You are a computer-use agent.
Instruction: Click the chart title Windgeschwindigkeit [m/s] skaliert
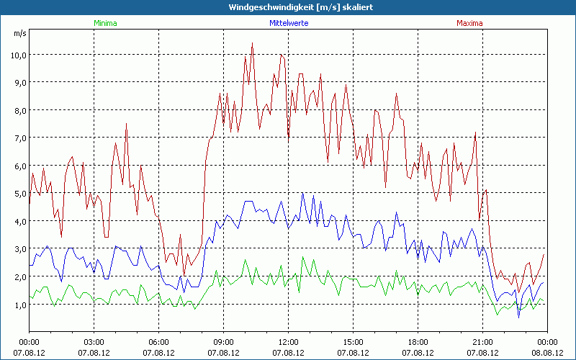(288, 7)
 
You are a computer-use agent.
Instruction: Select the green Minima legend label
(105, 23)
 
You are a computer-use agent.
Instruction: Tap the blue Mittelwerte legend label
(288, 23)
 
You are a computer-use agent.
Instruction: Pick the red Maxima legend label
(470, 23)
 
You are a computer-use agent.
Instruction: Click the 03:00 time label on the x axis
(94, 342)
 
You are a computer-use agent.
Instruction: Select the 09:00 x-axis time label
(224, 342)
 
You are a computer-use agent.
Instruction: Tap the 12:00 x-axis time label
(289, 342)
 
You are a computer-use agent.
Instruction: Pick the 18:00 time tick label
(418, 342)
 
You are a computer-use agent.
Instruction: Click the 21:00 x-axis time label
(483, 342)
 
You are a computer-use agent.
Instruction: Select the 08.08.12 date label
(547, 353)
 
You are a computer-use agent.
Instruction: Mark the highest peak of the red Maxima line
(252, 43)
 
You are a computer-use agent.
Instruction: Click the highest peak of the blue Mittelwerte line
(302, 193)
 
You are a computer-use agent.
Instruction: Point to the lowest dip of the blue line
(518, 317)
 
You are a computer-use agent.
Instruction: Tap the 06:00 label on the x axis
(159, 342)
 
